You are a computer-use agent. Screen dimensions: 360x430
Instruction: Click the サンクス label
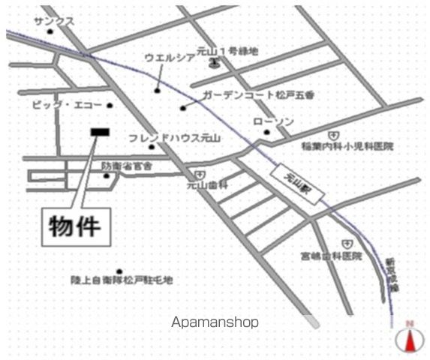53,22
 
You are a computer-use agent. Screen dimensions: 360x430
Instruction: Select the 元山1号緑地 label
227,51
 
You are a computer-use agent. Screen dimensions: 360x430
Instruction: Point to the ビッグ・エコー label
67,105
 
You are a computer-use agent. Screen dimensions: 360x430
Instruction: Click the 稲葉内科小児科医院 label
347,146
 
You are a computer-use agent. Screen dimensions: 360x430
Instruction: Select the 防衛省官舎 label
128,165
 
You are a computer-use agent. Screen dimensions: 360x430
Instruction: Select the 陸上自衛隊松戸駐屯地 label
122,280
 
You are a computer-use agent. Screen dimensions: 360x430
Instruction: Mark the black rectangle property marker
99,133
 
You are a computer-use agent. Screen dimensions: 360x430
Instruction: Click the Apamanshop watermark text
215,322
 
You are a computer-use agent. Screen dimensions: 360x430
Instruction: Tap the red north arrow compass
410,339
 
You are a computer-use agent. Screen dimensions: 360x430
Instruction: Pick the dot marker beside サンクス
50,31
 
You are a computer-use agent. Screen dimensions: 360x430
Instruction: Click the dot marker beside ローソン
266,133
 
